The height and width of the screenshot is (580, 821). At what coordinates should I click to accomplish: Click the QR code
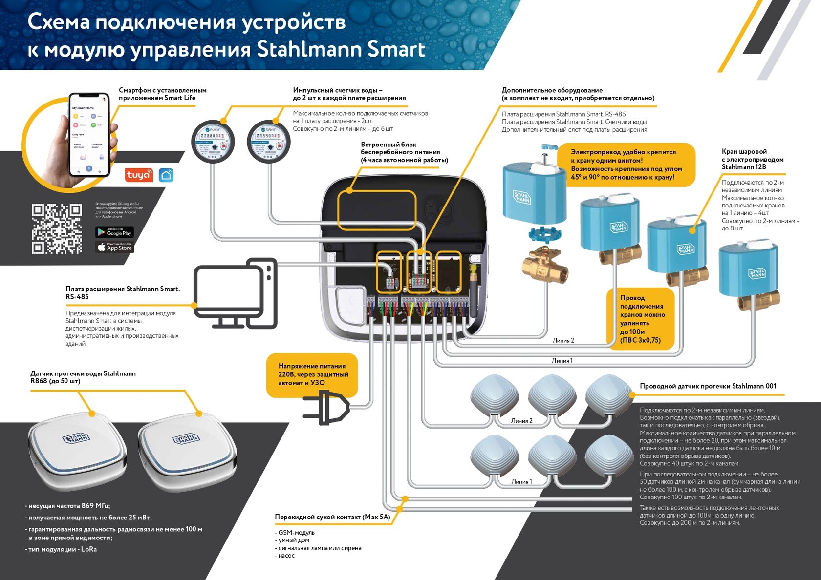(x=57, y=229)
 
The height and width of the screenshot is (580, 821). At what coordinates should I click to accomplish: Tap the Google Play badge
(x=114, y=232)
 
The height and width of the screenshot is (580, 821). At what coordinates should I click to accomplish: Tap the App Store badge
(x=114, y=247)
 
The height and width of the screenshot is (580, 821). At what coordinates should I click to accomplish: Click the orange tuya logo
(x=139, y=175)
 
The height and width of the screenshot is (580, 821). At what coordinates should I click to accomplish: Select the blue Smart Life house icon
(x=166, y=175)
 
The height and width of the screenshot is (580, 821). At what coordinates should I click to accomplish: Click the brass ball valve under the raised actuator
(x=544, y=267)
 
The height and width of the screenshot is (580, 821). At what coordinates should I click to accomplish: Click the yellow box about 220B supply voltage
(x=312, y=374)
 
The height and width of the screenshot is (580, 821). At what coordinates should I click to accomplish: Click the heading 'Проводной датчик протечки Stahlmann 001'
(x=708, y=386)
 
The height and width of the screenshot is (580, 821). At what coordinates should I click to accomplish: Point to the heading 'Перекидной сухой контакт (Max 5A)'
(x=332, y=517)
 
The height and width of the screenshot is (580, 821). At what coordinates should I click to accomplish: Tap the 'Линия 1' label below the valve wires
(x=562, y=361)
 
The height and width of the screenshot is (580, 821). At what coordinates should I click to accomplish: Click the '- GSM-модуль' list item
(x=295, y=533)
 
